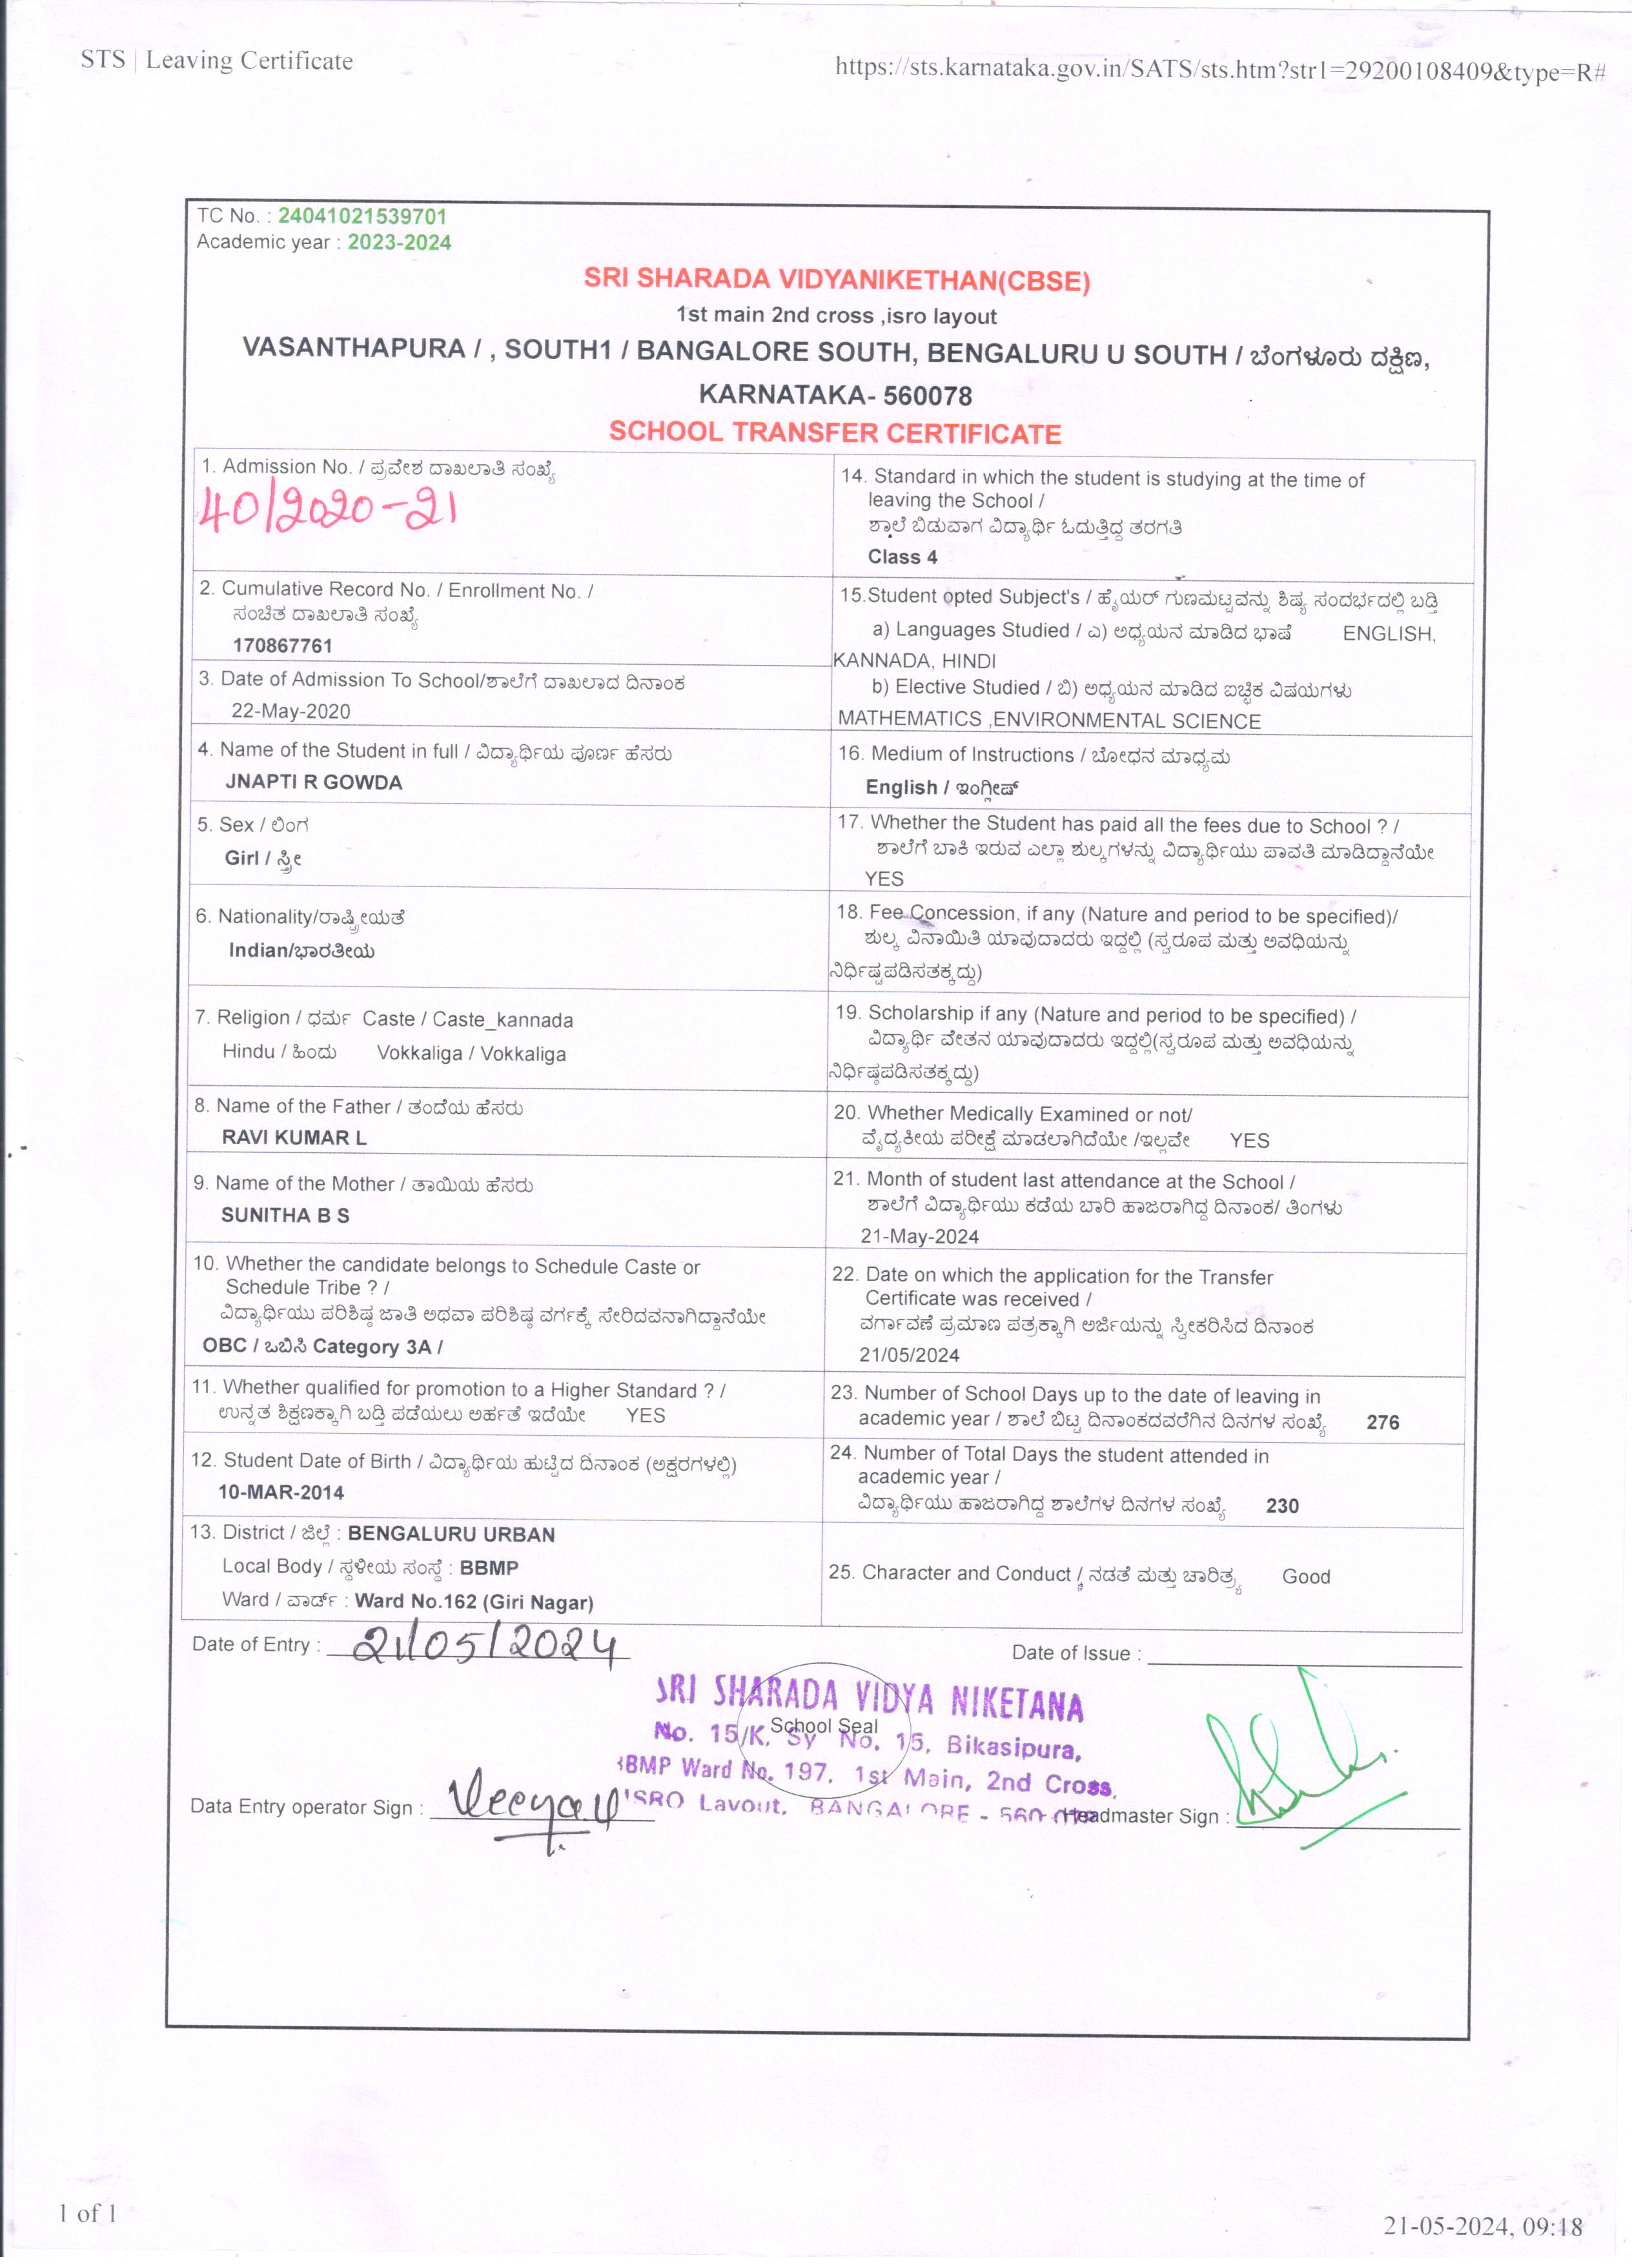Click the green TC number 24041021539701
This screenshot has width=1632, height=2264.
(362, 216)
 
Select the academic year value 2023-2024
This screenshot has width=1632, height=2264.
(398, 243)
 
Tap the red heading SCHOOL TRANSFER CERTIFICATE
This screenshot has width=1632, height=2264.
(835, 433)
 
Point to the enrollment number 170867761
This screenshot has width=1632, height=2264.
(283, 645)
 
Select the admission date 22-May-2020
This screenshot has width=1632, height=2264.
(291, 711)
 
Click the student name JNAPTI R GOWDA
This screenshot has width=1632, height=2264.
(313, 782)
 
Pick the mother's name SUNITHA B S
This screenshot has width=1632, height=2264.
(285, 1215)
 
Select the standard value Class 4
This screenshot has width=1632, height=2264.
(903, 557)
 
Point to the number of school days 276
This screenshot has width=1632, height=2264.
(1382, 1422)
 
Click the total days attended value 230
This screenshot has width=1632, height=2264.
(1281, 1506)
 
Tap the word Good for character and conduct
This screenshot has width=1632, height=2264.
(1305, 1576)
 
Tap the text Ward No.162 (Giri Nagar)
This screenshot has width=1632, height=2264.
(474, 1602)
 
